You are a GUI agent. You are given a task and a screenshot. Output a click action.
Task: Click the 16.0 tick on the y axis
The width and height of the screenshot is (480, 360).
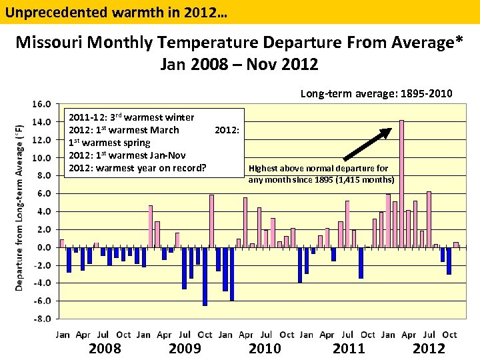pos(42,105)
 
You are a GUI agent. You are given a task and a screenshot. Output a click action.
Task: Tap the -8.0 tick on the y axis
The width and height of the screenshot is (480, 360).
pos(42,319)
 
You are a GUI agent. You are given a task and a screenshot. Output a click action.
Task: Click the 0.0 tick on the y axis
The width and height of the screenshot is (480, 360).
pos(43,247)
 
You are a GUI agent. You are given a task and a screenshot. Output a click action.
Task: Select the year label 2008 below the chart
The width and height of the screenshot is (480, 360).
pos(105,348)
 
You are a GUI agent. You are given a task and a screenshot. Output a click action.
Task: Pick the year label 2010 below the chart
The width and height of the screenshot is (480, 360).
pos(265,348)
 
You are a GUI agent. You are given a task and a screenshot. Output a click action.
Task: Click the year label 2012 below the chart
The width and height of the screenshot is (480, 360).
pos(429,348)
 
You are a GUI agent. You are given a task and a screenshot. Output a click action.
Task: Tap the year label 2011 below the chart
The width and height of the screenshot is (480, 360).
pos(349,348)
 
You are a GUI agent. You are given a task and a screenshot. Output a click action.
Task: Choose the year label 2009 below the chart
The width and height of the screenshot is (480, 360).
pos(185,348)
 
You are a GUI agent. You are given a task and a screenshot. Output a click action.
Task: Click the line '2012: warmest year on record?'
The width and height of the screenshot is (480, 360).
pos(137,167)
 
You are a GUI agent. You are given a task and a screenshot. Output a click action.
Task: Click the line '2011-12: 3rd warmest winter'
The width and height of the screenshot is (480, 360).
pos(131,117)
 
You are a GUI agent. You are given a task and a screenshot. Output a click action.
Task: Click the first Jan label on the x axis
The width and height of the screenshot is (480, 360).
pos(63,335)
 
